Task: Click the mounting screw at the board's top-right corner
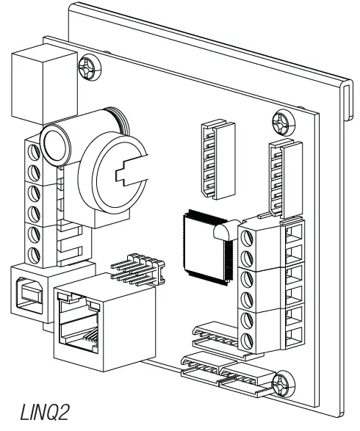(x=281, y=118)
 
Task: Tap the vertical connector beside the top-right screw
(x=282, y=176)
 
